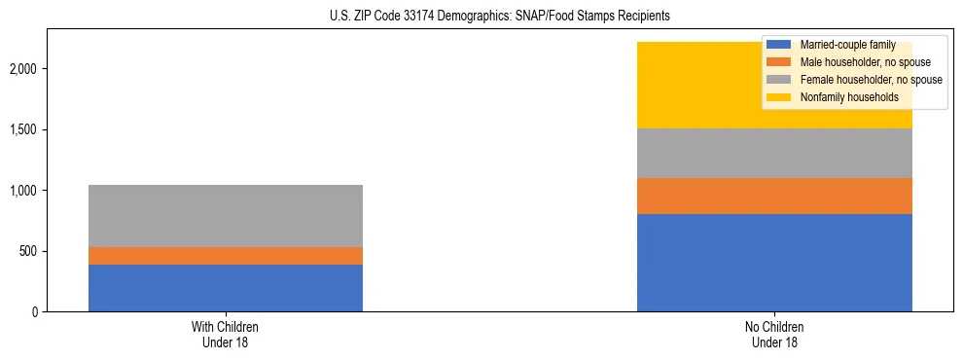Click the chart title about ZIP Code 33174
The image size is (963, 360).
[x=481, y=17]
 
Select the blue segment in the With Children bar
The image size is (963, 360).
[x=226, y=288]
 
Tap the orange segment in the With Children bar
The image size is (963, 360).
[x=226, y=256]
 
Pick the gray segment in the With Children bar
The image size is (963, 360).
[x=226, y=216]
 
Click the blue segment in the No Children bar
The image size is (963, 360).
[x=774, y=263]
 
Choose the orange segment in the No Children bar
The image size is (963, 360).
[x=774, y=196]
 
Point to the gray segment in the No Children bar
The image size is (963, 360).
[x=774, y=153]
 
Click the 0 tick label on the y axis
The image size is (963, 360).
[x=34, y=312]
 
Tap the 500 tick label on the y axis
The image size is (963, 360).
[x=28, y=251]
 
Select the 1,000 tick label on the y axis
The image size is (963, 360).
[x=24, y=191]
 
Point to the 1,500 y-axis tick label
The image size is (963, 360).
[x=24, y=130]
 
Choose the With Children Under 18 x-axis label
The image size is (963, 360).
[x=226, y=335]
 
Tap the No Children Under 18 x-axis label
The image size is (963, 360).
[x=774, y=335]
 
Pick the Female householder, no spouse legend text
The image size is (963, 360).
[x=869, y=80]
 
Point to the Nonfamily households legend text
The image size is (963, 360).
[x=847, y=97]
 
